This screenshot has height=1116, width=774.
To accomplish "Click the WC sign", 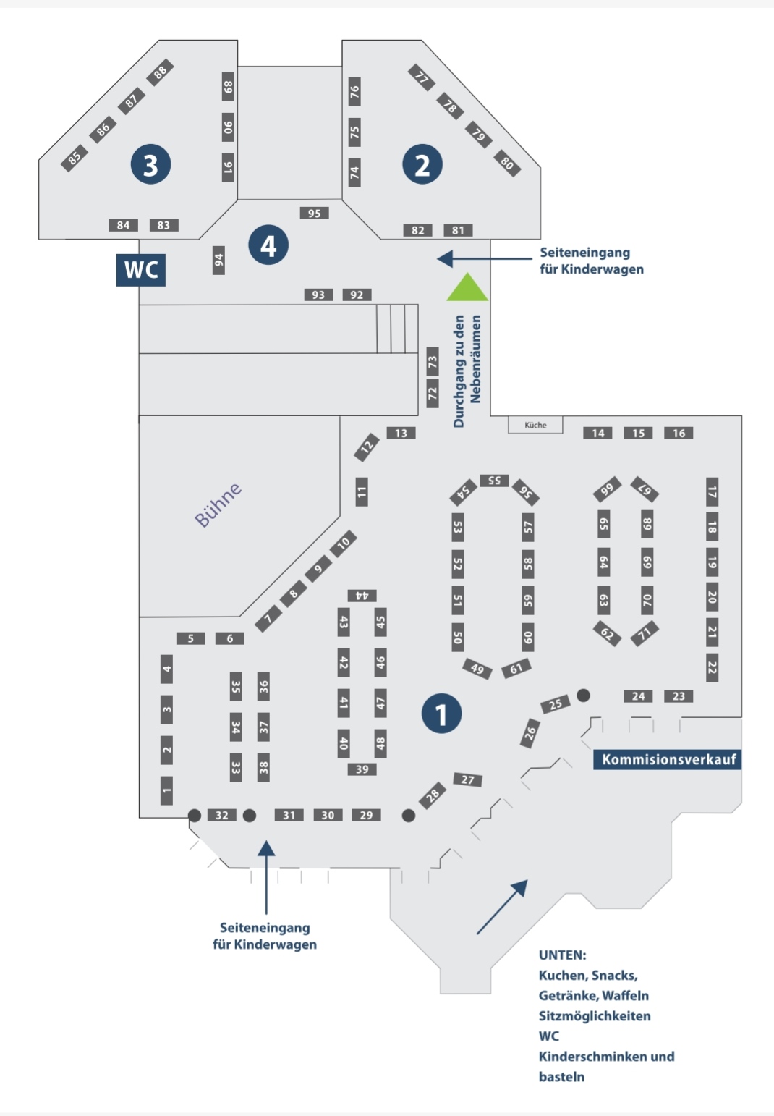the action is click(141, 270).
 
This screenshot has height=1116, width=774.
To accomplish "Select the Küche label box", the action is click(535, 425).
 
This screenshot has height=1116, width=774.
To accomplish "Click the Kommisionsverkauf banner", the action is click(668, 759).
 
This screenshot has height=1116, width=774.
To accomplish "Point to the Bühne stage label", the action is click(218, 504).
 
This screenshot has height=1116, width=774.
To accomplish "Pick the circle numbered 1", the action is click(441, 714).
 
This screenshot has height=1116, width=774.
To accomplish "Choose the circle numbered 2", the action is click(422, 164).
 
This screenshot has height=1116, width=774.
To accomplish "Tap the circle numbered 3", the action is click(151, 164).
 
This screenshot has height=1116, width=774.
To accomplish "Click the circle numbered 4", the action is click(268, 245).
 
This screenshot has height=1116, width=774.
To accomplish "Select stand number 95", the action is click(314, 214).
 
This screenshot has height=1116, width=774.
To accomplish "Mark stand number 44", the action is click(362, 596).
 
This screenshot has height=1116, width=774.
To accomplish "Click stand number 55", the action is click(494, 481).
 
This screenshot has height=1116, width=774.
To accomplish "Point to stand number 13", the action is click(401, 433).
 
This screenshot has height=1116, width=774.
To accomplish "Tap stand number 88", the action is click(161, 73).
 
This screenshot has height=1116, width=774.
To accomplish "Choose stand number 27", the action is click(468, 779).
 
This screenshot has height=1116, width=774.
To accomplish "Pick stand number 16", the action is click(679, 433).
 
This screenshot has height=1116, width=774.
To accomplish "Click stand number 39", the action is click(362, 769).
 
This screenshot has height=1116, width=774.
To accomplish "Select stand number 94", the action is click(218, 260).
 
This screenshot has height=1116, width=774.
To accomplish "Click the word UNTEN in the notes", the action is click(562, 955).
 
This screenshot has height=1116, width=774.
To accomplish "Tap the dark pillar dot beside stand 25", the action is click(583, 695).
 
